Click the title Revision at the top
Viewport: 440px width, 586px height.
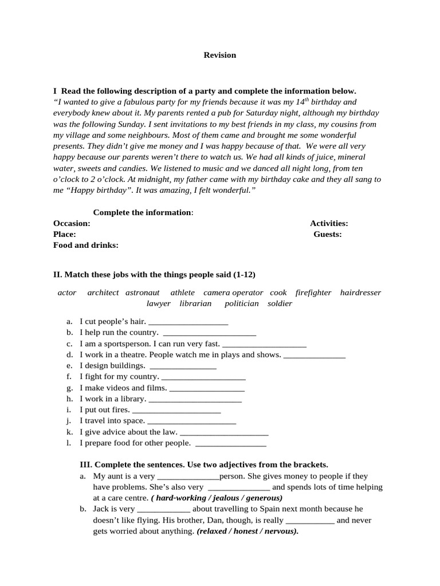[220, 55]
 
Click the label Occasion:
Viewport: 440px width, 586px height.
[72, 223]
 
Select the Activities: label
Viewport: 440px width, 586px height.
[329, 223]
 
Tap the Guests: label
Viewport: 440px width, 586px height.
[327, 234]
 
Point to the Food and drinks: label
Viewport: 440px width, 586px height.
[86, 245]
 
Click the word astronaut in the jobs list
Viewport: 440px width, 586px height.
[143, 292]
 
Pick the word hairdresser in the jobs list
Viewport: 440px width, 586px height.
[360, 292]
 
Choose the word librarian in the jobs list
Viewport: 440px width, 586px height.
[195, 303]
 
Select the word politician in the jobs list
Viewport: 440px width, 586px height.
[241, 303]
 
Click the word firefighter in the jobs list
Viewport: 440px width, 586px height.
[313, 292]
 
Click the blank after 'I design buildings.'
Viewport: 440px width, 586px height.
[182, 367]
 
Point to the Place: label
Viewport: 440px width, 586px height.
[64, 234]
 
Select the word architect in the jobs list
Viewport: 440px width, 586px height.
[103, 292]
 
